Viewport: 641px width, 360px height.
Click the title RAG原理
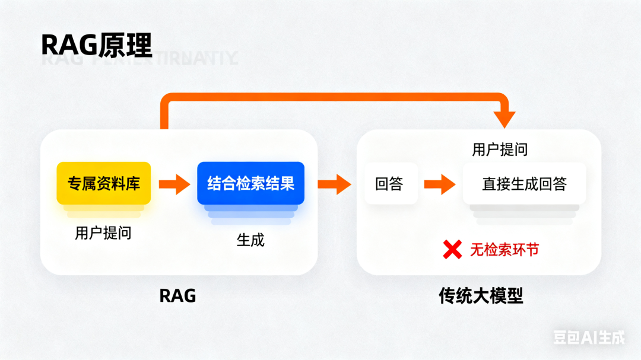[x=96, y=44]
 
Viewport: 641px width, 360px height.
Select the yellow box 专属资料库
[x=104, y=183]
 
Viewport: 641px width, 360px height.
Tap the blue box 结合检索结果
[x=250, y=183]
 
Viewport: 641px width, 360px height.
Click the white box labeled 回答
[x=389, y=184]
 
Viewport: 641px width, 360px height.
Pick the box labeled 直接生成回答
[x=524, y=184]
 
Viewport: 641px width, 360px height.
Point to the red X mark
[x=452, y=250]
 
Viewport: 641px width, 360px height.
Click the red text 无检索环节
[x=504, y=250]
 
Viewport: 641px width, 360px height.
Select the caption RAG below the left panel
[x=177, y=296]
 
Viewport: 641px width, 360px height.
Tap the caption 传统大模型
[x=481, y=296]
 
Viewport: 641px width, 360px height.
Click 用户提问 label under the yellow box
[x=103, y=233]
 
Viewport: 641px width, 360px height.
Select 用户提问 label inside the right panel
[x=500, y=149]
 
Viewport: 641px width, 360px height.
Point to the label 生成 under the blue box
[x=250, y=240]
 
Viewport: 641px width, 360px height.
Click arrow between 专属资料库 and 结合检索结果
[x=174, y=184]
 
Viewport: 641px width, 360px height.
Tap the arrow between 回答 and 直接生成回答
[x=440, y=184]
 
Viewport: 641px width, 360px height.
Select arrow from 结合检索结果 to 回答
[x=335, y=184]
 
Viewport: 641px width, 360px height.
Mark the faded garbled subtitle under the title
[x=139, y=59]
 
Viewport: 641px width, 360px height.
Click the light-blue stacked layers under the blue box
[x=250, y=214]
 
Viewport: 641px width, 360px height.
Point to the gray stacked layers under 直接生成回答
[x=524, y=214]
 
